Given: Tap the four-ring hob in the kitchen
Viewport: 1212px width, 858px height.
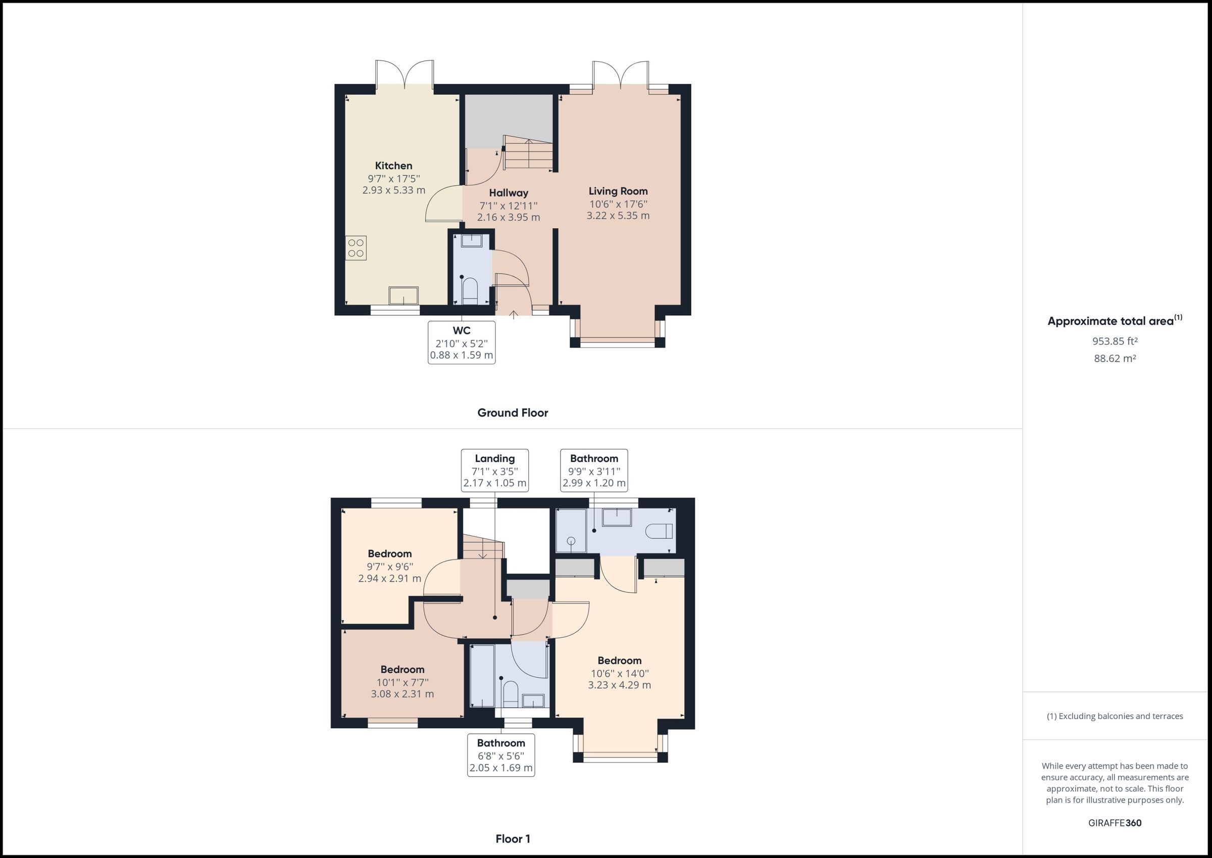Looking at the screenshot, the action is [356, 248].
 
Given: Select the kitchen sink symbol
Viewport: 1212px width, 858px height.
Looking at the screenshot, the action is [403, 295].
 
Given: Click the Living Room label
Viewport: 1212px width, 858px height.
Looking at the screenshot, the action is [618, 191].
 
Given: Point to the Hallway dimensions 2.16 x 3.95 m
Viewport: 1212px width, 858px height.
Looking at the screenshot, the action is [508, 217].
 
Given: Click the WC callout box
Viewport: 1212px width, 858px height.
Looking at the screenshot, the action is [461, 342].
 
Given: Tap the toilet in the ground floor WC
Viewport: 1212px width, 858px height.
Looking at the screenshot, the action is [470, 290].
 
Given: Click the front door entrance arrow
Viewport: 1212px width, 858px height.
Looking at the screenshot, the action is [513, 315].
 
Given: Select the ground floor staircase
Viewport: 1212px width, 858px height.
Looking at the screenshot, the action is [528, 154].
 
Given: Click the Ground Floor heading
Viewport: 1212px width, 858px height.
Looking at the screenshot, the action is [513, 413].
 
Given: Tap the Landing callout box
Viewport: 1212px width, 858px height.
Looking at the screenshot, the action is [494, 470].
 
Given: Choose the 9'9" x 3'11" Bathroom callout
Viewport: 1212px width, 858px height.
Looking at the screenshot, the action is [594, 470].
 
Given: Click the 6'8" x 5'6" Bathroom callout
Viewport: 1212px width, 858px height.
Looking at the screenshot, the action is [501, 755].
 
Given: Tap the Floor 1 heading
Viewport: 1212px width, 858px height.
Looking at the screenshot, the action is [513, 838].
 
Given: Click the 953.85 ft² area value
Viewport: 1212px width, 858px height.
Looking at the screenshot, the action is [1115, 341].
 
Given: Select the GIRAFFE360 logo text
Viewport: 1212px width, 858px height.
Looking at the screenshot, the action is [1115, 823].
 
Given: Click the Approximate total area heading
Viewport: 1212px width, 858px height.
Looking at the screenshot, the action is [1114, 321].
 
